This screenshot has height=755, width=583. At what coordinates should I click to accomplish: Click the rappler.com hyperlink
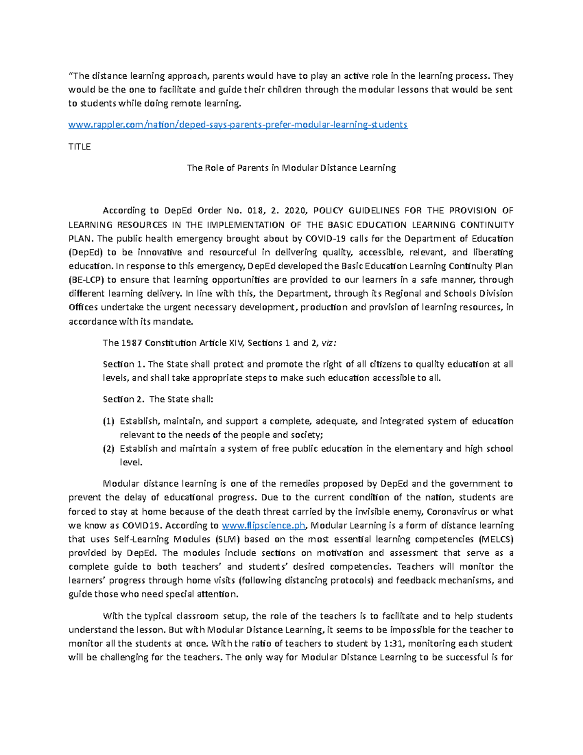pos(238,125)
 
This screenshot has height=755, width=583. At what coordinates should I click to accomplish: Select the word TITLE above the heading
pos(79,147)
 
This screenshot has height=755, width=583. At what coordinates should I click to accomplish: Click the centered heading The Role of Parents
pos(291,168)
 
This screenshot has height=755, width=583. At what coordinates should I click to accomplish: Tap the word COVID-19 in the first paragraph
pos(324,239)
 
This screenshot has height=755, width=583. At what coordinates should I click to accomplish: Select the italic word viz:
pos(329,343)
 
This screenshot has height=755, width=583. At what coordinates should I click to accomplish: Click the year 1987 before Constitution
pos(131,343)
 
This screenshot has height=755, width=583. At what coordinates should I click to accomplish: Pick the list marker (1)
pos(108,421)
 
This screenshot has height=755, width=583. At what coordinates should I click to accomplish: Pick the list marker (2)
pos(108,449)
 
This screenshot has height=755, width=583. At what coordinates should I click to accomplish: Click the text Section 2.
pos(123,400)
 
